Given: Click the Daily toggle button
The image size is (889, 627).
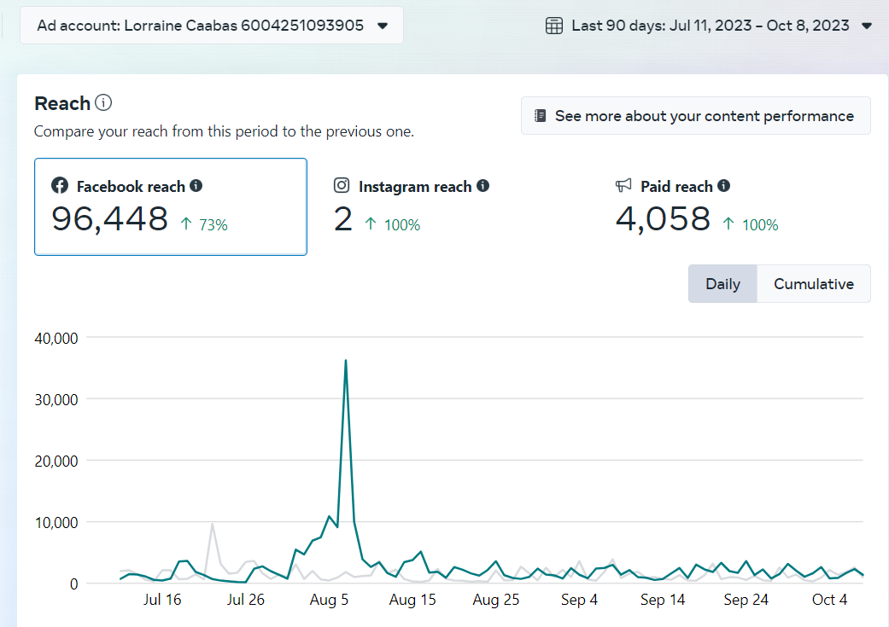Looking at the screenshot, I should click(x=722, y=284).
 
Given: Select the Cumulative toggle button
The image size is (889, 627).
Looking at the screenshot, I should click(x=813, y=284).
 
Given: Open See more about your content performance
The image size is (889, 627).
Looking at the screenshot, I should click(x=695, y=116).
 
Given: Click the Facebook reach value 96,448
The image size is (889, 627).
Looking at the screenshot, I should click(x=110, y=219).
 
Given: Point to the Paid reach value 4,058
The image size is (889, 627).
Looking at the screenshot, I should click(x=663, y=219).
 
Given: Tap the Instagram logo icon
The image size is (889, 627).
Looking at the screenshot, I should click(x=342, y=185).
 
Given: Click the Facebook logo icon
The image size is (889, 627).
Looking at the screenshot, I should click(x=60, y=185).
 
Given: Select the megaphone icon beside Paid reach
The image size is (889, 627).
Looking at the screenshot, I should click(x=623, y=185).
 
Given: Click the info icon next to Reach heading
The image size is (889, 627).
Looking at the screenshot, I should click(x=103, y=103).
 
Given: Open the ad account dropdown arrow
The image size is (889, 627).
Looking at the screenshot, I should click(x=383, y=26).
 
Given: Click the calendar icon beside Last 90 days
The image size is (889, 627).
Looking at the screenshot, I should click(x=554, y=26).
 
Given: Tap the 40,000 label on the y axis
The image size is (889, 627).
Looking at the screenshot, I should click(x=56, y=338).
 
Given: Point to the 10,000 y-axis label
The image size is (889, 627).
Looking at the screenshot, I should click(x=56, y=522).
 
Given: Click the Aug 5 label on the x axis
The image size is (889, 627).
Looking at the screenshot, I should click(x=329, y=600).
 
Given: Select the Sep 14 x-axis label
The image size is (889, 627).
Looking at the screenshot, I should click(x=663, y=600).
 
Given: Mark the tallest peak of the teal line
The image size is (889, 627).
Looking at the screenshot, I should click(x=345, y=360).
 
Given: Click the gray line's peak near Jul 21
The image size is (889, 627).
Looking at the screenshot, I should click(x=212, y=524).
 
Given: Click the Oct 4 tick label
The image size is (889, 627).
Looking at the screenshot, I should click(x=829, y=600).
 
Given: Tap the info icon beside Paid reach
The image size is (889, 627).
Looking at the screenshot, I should click(x=724, y=185).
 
